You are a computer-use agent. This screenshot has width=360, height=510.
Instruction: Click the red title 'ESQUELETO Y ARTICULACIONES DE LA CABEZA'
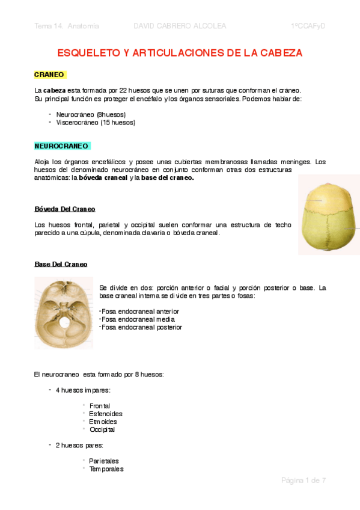click(180, 53)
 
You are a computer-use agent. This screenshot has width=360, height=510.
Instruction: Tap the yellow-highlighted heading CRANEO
click(50, 75)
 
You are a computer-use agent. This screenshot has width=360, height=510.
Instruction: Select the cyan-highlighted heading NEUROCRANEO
click(62, 146)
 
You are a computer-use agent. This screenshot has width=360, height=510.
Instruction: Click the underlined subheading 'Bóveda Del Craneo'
click(65, 209)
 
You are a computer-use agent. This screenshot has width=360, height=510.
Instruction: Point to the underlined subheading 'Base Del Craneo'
click(61, 264)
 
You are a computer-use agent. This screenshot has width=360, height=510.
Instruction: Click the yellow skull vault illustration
click(328, 219)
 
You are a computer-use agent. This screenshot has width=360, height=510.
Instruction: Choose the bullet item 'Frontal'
click(99, 406)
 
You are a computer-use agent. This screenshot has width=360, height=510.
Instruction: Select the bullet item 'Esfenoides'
click(106, 414)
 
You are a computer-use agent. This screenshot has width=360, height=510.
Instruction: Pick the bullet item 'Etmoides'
click(103, 422)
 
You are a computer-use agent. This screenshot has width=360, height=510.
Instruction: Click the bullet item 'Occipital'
click(102, 429)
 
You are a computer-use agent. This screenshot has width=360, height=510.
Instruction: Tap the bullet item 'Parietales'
click(104, 461)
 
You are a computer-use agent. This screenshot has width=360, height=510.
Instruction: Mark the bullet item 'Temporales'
click(106, 469)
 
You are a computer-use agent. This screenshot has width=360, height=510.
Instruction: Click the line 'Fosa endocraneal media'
click(138, 319)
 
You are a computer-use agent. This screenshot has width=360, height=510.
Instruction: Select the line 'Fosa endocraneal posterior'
click(141, 327)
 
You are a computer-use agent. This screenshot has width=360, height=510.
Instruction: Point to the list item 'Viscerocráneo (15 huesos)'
click(96, 122)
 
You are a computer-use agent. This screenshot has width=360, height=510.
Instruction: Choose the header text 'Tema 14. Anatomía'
click(67, 26)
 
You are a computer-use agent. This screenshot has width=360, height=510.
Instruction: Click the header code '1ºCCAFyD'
click(308, 26)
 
